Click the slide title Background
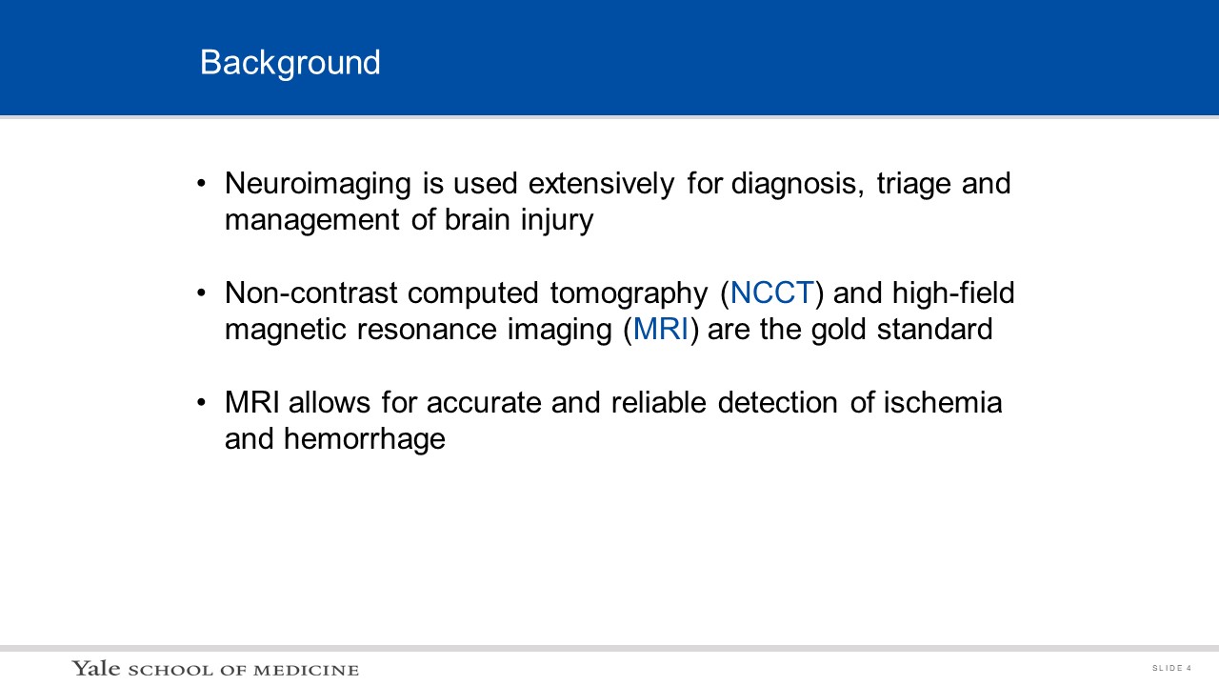tap(290, 63)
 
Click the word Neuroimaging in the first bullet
tap(318, 184)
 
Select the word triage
tap(913, 184)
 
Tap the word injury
tap(557, 220)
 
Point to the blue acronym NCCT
tap(771, 293)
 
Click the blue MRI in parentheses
tap(661, 330)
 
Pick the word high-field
tap(953, 293)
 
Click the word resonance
tap(427, 331)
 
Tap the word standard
tap(935, 329)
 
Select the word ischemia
tap(943, 402)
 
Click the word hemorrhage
tap(365, 440)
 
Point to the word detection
tap(778, 402)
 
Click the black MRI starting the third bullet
tap(252, 402)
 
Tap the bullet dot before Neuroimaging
tap(201, 184)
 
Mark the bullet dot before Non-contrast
tap(201, 293)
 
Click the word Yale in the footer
tap(96, 668)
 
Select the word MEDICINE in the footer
tap(307, 670)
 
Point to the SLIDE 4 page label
tap(1171, 668)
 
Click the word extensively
tap(601, 184)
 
